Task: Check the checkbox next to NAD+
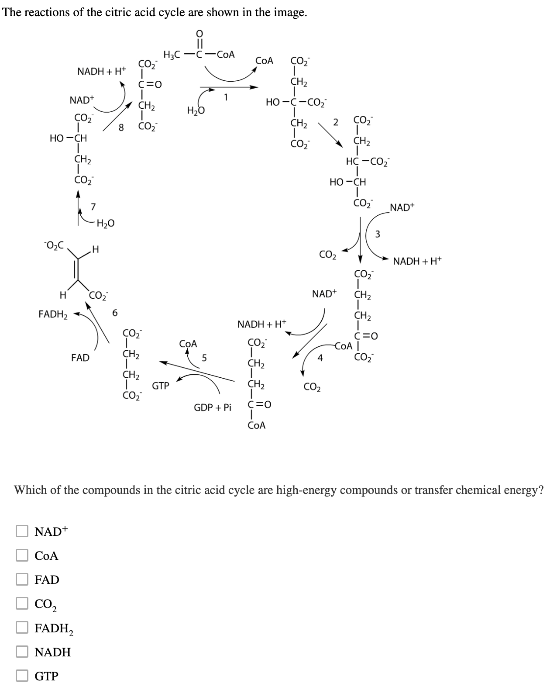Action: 22,531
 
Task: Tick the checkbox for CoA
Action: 22,555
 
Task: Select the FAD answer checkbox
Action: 22,580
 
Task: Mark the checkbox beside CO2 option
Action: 22,604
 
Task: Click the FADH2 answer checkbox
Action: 22,628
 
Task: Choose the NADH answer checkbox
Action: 22,652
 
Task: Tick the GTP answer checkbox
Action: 22,676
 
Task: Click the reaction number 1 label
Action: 226,98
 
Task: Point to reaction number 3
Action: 378,235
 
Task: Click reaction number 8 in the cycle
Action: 122,128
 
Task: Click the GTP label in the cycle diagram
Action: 160,386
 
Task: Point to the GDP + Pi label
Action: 212,408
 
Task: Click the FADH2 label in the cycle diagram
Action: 53,314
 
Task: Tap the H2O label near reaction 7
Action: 105,224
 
